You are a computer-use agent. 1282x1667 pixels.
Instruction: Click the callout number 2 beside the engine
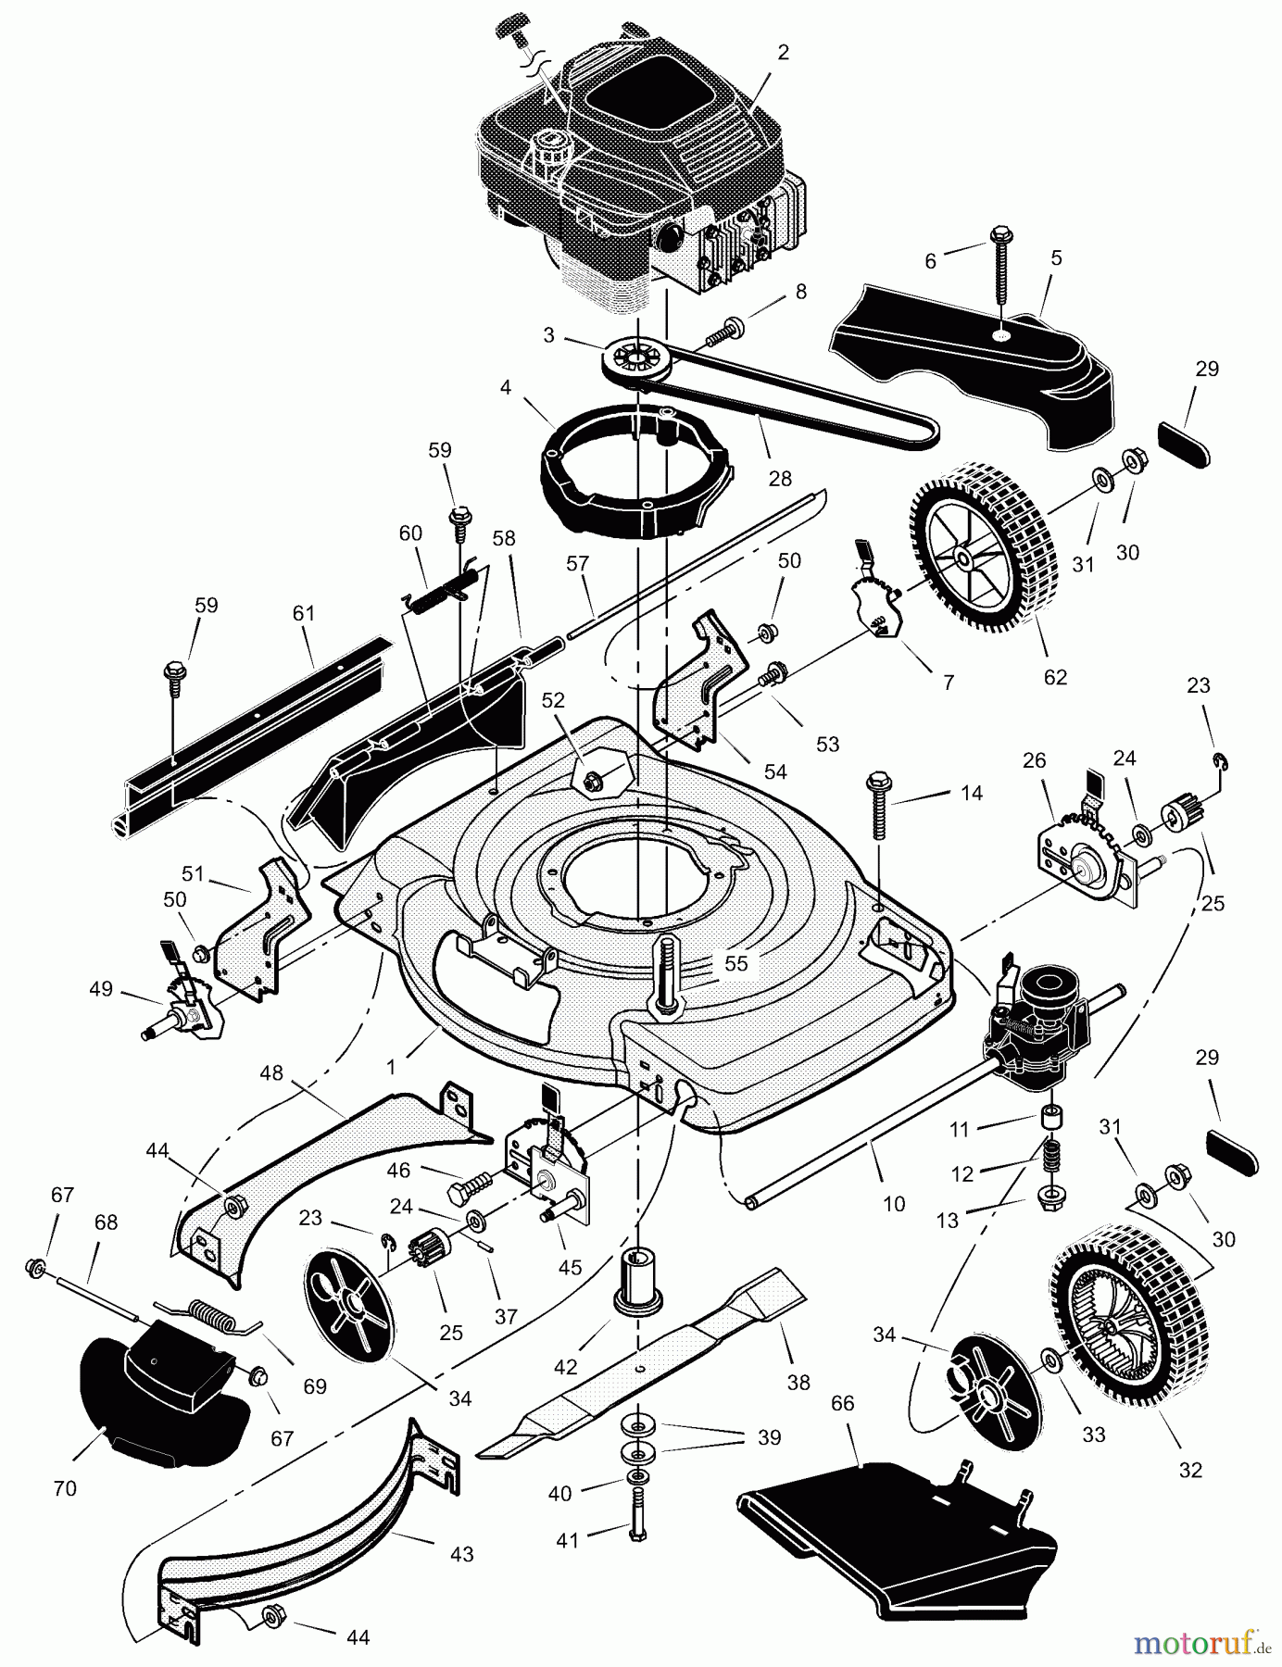point(783,53)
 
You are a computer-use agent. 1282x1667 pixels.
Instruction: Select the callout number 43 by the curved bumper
point(461,1554)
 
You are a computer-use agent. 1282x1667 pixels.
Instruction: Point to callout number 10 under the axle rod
point(894,1204)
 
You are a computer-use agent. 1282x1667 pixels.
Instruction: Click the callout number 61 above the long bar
point(304,612)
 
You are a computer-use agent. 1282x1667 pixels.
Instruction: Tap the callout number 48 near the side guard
point(270,1073)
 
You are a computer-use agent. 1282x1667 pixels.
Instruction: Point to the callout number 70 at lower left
point(65,1489)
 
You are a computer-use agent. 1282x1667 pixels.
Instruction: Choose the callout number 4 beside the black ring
point(505,386)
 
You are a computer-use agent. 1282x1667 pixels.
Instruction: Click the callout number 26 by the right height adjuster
point(1034,760)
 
